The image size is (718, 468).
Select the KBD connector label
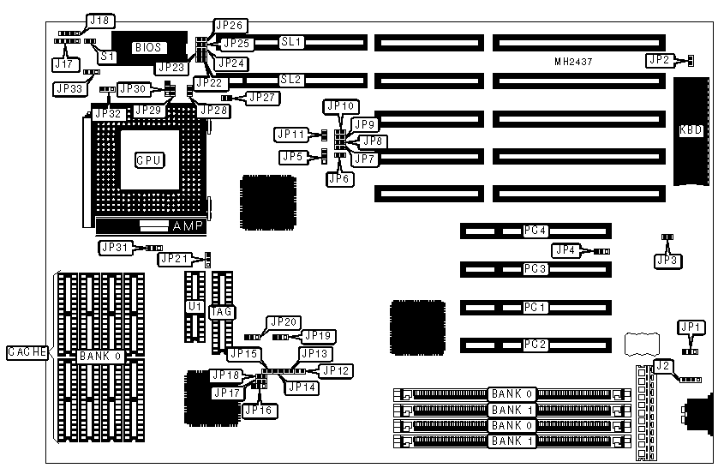coord(691,131)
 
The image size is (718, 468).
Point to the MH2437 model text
coord(574,63)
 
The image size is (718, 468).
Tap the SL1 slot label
coord(292,40)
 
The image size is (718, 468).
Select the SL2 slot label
coord(292,79)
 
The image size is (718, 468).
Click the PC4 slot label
coord(536,230)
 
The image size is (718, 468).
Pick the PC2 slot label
coord(536,345)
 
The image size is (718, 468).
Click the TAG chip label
coord(222,311)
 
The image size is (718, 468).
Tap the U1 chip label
coord(194,306)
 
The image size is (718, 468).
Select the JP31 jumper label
coord(115,247)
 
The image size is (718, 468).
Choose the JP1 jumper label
coord(689,327)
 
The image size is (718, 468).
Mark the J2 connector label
coord(661,366)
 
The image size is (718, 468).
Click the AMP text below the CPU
coord(188,226)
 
